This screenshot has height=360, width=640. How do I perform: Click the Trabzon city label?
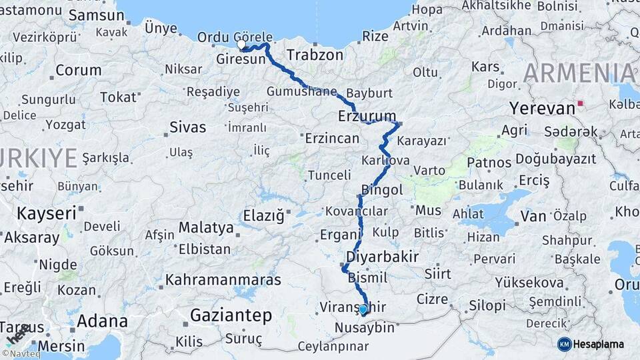pyautogui.click(x=315, y=55)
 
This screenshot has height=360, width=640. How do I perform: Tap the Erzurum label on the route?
pyautogui.click(x=367, y=115)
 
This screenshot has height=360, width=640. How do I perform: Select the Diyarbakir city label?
pyautogui.click(x=383, y=257)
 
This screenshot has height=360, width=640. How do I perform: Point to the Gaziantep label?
pyautogui.click(x=231, y=315)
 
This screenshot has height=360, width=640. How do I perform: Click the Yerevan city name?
pyautogui.click(x=542, y=108)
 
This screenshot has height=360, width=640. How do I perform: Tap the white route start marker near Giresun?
pyautogui.click(x=241, y=45)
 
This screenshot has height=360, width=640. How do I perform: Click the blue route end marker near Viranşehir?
pyautogui.click(x=363, y=309)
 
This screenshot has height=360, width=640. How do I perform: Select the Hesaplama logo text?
pyautogui.click(x=598, y=344)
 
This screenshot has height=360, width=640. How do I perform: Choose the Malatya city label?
pyautogui.click(x=206, y=227)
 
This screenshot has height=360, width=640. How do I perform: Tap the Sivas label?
pyautogui.click(x=188, y=127)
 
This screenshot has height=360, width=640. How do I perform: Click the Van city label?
pyautogui.click(x=533, y=215)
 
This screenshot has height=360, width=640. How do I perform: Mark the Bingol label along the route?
pyautogui.click(x=382, y=190)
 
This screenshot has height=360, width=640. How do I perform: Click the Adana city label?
pyautogui.click(x=102, y=321)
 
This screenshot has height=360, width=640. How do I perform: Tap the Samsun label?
pyautogui.click(x=92, y=15)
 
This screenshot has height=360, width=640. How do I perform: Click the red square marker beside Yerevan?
pyautogui.click(x=581, y=103)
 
